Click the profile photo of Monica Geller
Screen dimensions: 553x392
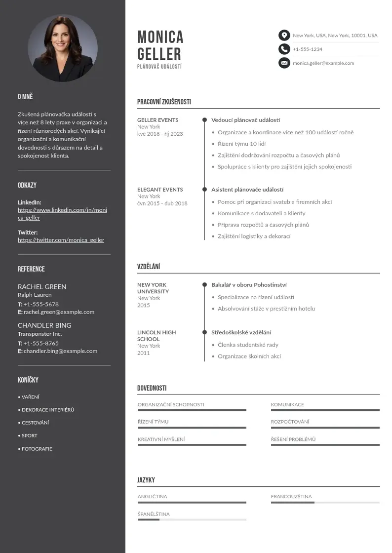pyautogui.click(x=63, y=48)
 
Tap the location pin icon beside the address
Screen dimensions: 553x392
pyautogui.click(x=284, y=35)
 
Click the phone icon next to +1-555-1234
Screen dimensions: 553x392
pyautogui.click(x=284, y=49)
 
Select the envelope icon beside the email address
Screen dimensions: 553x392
pyautogui.click(x=284, y=63)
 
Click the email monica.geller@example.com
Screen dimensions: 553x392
pyautogui.click(x=323, y=63)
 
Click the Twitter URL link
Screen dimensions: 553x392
pyautogui.click(x=61, y=240)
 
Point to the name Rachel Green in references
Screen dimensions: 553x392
pyautogui.click(x=42, y=286)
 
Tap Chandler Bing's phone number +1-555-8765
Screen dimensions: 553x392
pyautogui.click(x=41, y=343)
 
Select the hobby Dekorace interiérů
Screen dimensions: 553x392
pyautogui.click(x=47, y=410)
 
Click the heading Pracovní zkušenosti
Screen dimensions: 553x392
pyautogui.click(x=164, y=102)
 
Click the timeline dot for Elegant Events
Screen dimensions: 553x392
pyautogui.click(x=204, y=189)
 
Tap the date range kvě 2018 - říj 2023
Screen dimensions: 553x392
pyautogui.click(x=160, y=134)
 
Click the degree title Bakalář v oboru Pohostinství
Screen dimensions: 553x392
pyautogui.click(x=249, y=285)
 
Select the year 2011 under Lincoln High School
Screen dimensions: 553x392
pyautogui.click(x=143, y=353)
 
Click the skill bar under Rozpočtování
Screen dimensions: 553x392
pyautogui.click(x=325, y=428)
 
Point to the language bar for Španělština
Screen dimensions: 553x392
pyautogui.click(x=192, y=519)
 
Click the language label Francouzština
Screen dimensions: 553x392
pyautogui.click(x=291, y=496)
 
